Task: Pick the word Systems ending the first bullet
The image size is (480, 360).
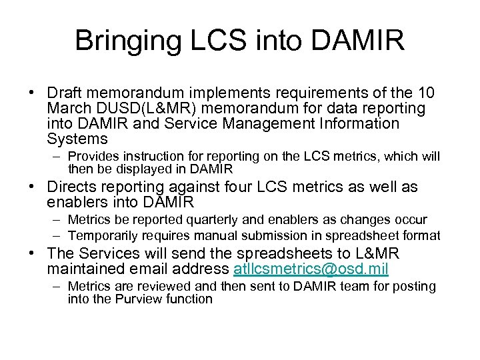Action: coord(77,139)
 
